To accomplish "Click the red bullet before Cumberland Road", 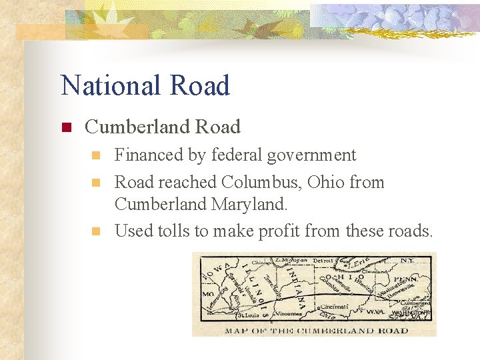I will click(x=66, y=127).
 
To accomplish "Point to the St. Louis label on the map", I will click(x=249, y=314).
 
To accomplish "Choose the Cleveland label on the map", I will click(x=376, y=271).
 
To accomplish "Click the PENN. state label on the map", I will click(x=405, y=279).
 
